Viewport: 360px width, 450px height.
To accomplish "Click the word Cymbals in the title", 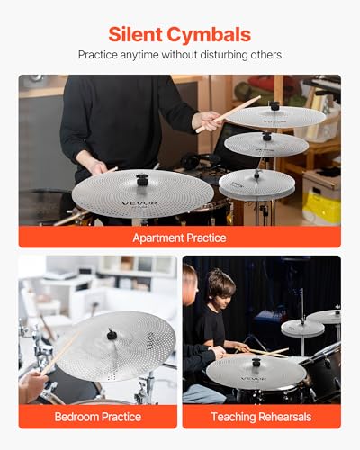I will click(x=213, y=34).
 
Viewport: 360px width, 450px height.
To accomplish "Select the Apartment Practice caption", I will click(x=179, y=238).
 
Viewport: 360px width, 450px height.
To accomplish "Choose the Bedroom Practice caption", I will click(x=98, y=417).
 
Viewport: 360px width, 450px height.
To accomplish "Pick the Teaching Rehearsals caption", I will click(x=261, y=417).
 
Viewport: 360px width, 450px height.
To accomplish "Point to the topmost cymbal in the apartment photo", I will click(x=275, y=115).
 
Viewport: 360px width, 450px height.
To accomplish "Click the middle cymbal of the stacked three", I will click(x=265, y=144).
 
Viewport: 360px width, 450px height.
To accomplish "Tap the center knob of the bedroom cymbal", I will click(x=112, y=336).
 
